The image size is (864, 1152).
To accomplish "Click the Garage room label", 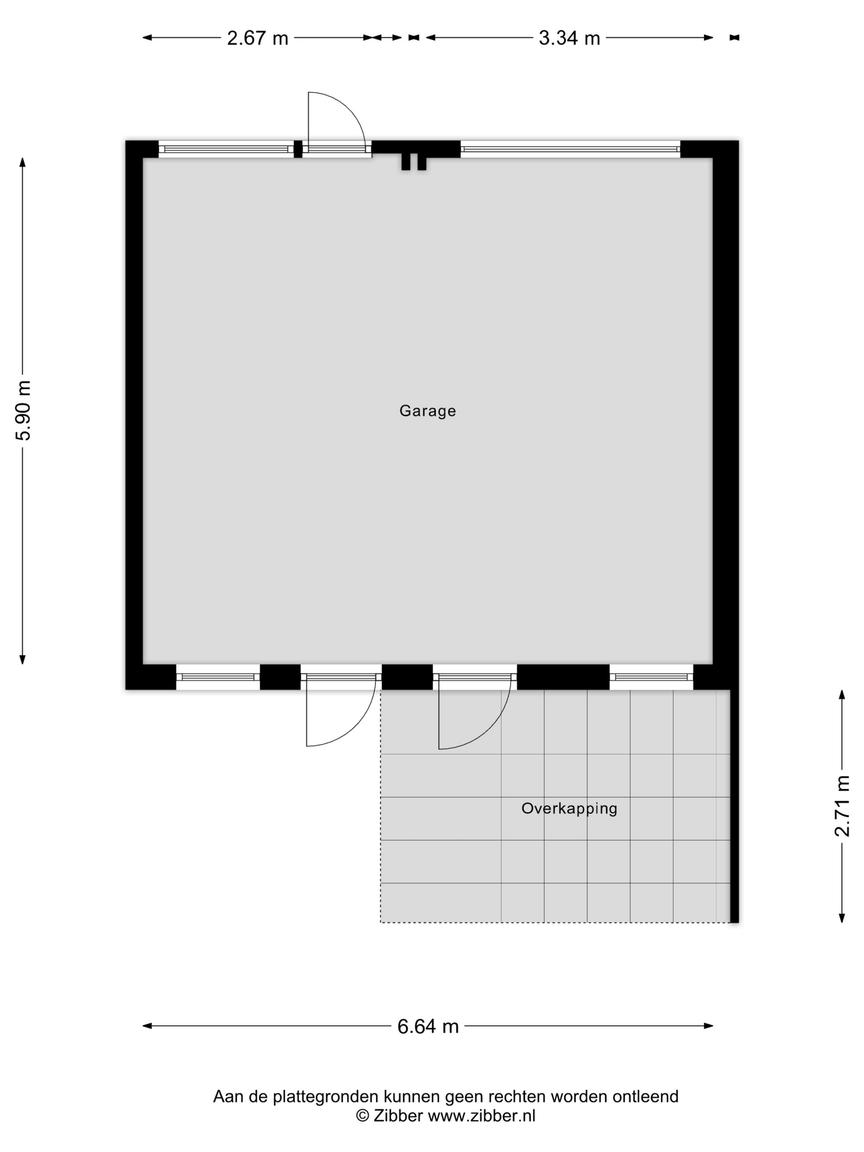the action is [427, 411].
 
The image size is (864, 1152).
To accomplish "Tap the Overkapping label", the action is [569, 808].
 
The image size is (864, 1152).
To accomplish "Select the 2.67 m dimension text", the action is [257, 38].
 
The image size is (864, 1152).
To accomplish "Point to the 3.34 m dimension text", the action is [569, 38].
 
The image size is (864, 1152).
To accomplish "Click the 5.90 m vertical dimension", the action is [23, 410].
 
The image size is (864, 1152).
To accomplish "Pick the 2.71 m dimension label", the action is [842, 806].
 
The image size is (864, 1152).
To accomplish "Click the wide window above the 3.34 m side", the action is [570, 149].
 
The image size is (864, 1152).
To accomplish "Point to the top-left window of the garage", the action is [226, 149].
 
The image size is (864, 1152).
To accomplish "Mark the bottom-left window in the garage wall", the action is [218, 677].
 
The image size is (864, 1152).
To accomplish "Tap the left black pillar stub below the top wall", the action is [405, 162].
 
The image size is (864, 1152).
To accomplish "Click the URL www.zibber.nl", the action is [481, 1115].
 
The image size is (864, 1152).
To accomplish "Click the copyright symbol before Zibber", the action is [362, 1115].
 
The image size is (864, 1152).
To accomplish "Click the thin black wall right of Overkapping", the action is [734, 806].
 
